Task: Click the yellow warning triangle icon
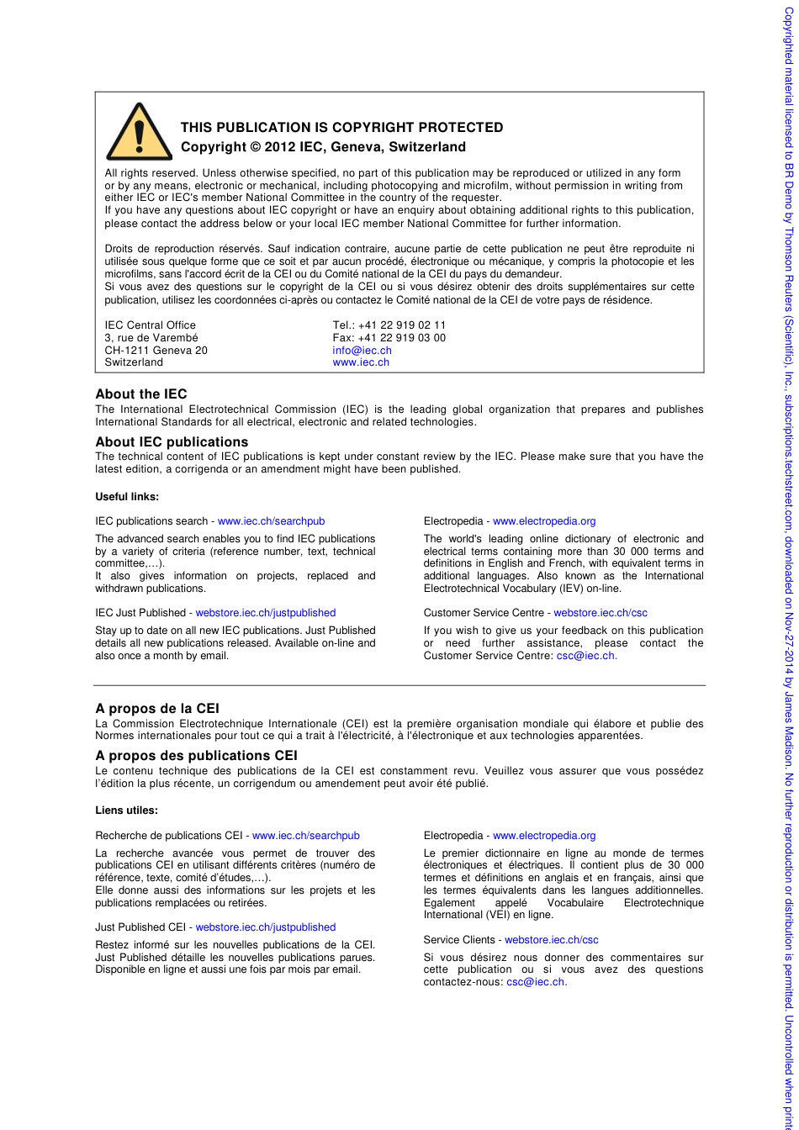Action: click(x=139, y=133)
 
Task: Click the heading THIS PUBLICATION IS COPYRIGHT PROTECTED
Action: click(x=341, y=128)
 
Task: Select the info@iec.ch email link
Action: click(x=362, y=351)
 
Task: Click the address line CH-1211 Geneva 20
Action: click(x=156, y=351)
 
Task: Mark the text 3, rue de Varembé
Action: click(x=151, y=338)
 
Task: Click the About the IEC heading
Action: click(x=140, y=394)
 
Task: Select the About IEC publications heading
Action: click(x=172, y=442)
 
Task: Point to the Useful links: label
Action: click(x=127, y=497)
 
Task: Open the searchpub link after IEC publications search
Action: click(x=271, y=521)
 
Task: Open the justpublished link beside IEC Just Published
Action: click(x=265, y=613)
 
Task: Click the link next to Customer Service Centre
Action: click(x=600, y=613)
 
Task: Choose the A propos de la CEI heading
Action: click(x=157, y=709)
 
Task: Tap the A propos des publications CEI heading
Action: click(x=196, y=756)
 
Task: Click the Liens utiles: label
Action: click(x=126, y=811)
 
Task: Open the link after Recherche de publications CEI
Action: click(x=305, y=836)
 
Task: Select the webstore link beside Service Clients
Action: click(x=551, y=940)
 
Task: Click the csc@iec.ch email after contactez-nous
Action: click(x=536, y=982)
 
